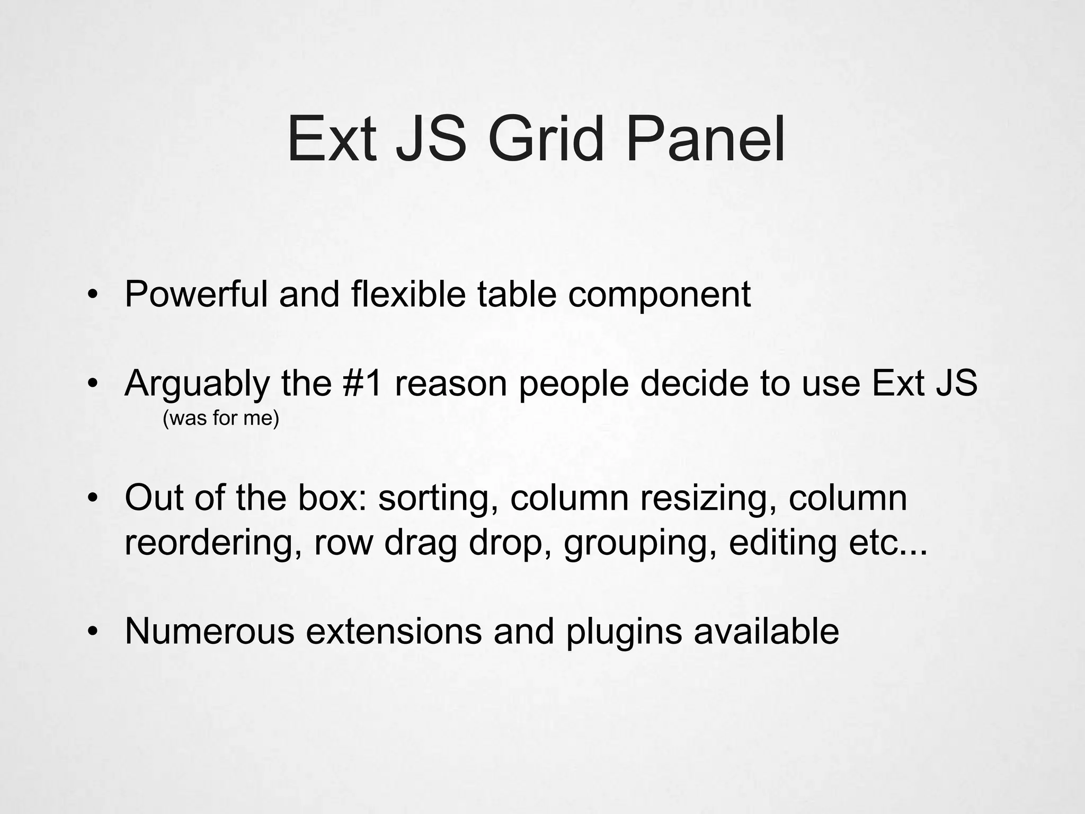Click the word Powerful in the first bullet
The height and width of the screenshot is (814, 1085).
tap(196, 294)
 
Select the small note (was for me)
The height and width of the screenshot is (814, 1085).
tap(220, 419)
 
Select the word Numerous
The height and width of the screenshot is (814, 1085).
tap(209, 631)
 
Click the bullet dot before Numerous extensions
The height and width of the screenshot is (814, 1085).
tap(93, 631)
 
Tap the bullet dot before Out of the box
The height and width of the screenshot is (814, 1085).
tap(93, 498)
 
